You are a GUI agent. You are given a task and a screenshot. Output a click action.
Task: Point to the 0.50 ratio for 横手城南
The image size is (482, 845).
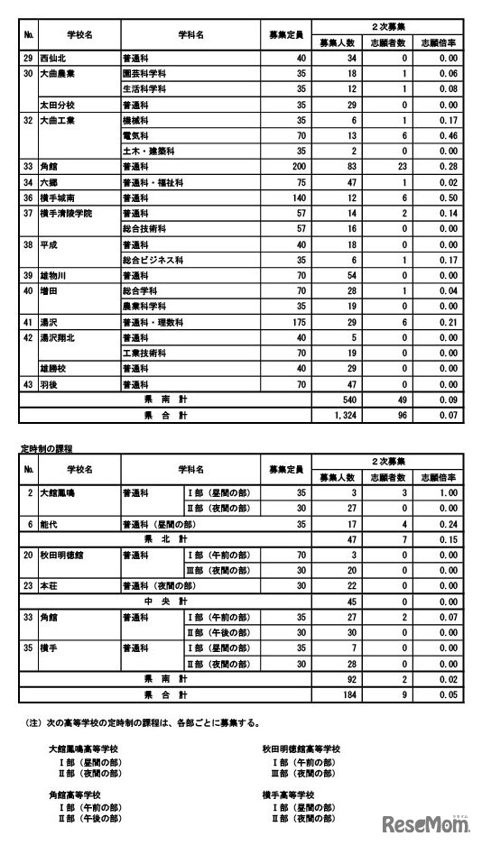click(441, 197)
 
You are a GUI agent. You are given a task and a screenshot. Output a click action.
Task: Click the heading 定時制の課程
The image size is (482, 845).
click(45, 448)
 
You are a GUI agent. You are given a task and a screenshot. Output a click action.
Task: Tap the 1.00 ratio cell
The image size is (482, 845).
click(441, 493)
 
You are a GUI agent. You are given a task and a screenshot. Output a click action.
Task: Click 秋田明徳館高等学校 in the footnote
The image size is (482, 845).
click(301, 749)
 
